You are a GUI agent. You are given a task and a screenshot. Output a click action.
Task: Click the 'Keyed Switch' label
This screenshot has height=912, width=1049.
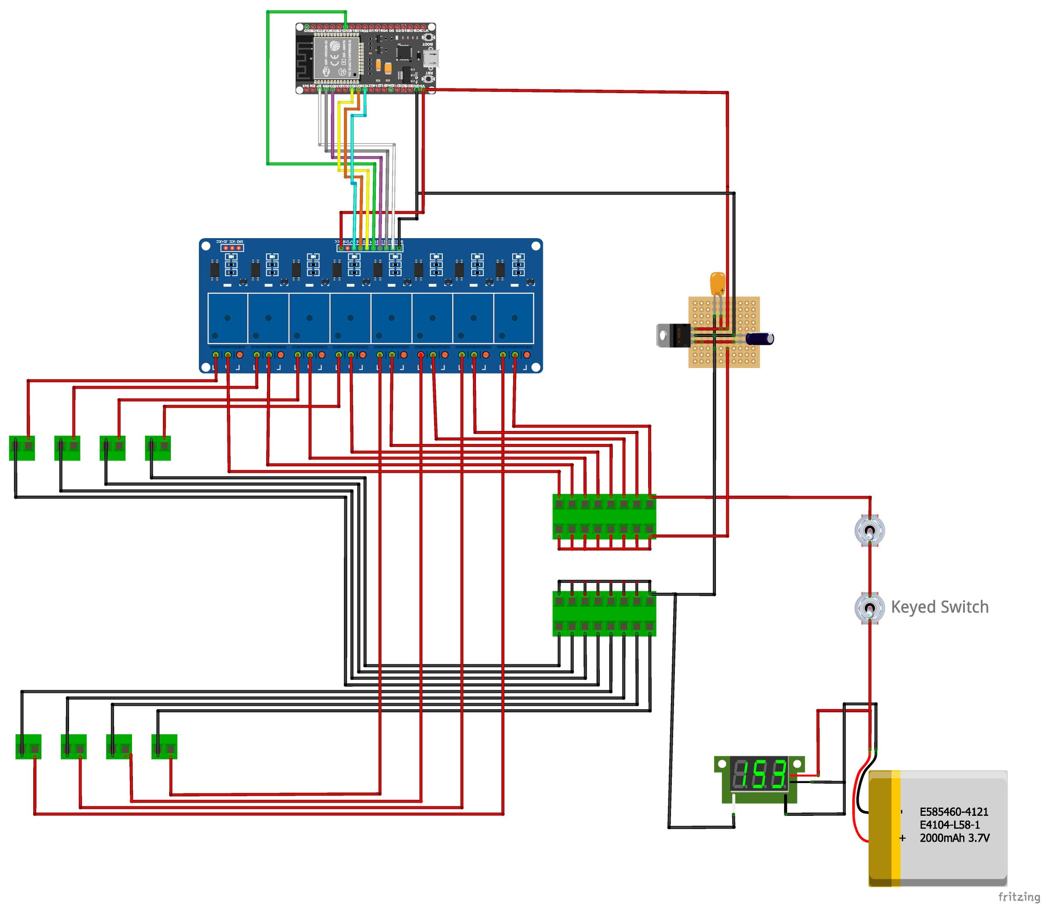pos(940,607)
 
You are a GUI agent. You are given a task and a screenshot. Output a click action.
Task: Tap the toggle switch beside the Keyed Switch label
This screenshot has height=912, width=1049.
pos(869,608)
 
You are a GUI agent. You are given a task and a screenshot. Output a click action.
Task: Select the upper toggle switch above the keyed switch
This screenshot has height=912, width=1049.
pos(869,531)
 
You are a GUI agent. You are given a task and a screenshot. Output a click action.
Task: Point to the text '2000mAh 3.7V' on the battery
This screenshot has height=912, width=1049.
pos(954,838)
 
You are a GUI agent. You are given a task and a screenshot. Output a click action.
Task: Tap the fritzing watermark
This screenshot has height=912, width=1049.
pos(1018,896)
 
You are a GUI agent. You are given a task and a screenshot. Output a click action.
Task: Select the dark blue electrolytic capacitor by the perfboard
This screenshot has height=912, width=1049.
pos(759,338)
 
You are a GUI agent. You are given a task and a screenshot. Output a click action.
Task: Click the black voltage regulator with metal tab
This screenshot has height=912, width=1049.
pos(673,335)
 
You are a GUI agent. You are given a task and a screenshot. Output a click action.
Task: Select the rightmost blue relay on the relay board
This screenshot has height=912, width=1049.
pos(514,319)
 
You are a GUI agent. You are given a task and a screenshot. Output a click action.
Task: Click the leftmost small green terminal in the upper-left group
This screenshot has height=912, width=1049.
pos(22,448)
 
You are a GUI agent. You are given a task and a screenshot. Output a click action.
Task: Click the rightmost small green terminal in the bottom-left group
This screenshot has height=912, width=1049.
pos(164,746)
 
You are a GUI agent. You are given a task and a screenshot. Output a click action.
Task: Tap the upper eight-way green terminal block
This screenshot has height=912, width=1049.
pos(604,517)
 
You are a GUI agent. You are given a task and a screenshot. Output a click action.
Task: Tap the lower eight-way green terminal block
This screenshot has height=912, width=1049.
pos(604,613)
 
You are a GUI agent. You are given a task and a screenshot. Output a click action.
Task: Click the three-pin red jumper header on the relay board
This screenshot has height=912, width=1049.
pos(232,248)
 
